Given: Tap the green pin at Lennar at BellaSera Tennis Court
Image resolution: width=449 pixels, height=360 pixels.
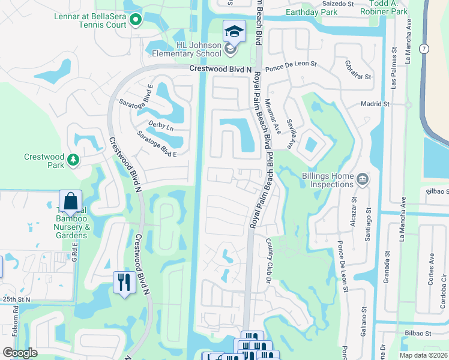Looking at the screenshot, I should click(x=136, y=21).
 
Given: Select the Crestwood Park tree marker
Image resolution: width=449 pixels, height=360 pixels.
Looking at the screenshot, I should click(x=73, y=159).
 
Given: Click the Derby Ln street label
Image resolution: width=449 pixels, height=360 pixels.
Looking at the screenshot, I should click(x=161, y=128).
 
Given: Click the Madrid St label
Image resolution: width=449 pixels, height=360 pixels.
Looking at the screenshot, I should click(x=375, y=104).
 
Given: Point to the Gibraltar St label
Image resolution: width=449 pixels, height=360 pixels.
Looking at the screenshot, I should click(x=358, y=70).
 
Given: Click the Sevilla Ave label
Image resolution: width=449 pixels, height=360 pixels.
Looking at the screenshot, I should click(x=289, y=133).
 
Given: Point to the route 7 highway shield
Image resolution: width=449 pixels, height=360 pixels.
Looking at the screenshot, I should click(x=424, y=47).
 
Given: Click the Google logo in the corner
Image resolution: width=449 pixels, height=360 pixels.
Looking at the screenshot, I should click(x=20, y=353).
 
